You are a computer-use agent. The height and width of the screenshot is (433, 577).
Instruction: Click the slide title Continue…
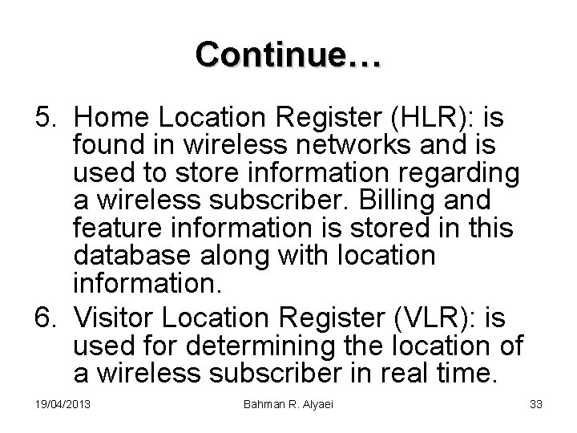(288, 55)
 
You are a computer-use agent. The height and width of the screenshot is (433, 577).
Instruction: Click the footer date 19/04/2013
(63, 404)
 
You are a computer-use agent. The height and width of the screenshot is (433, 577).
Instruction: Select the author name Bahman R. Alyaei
(288, 404)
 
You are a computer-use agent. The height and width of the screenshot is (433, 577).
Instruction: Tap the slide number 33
(536, 404)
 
